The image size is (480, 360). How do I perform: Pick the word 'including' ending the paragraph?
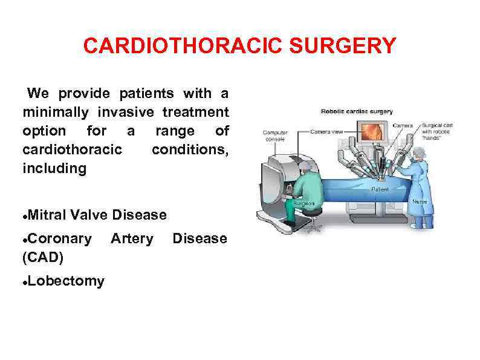(54, 168)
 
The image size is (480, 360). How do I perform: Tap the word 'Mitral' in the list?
(47, 215)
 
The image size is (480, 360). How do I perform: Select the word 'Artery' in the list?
(132, 239)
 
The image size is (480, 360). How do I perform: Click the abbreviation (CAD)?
(43, 257)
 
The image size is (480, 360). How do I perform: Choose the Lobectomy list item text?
(65, 281)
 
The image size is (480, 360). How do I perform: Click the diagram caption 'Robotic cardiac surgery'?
(357, 111)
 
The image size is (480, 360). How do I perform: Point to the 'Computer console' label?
(276, 134)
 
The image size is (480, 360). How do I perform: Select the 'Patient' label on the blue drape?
(379, 189)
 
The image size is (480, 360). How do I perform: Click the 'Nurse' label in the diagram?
(419, 201)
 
